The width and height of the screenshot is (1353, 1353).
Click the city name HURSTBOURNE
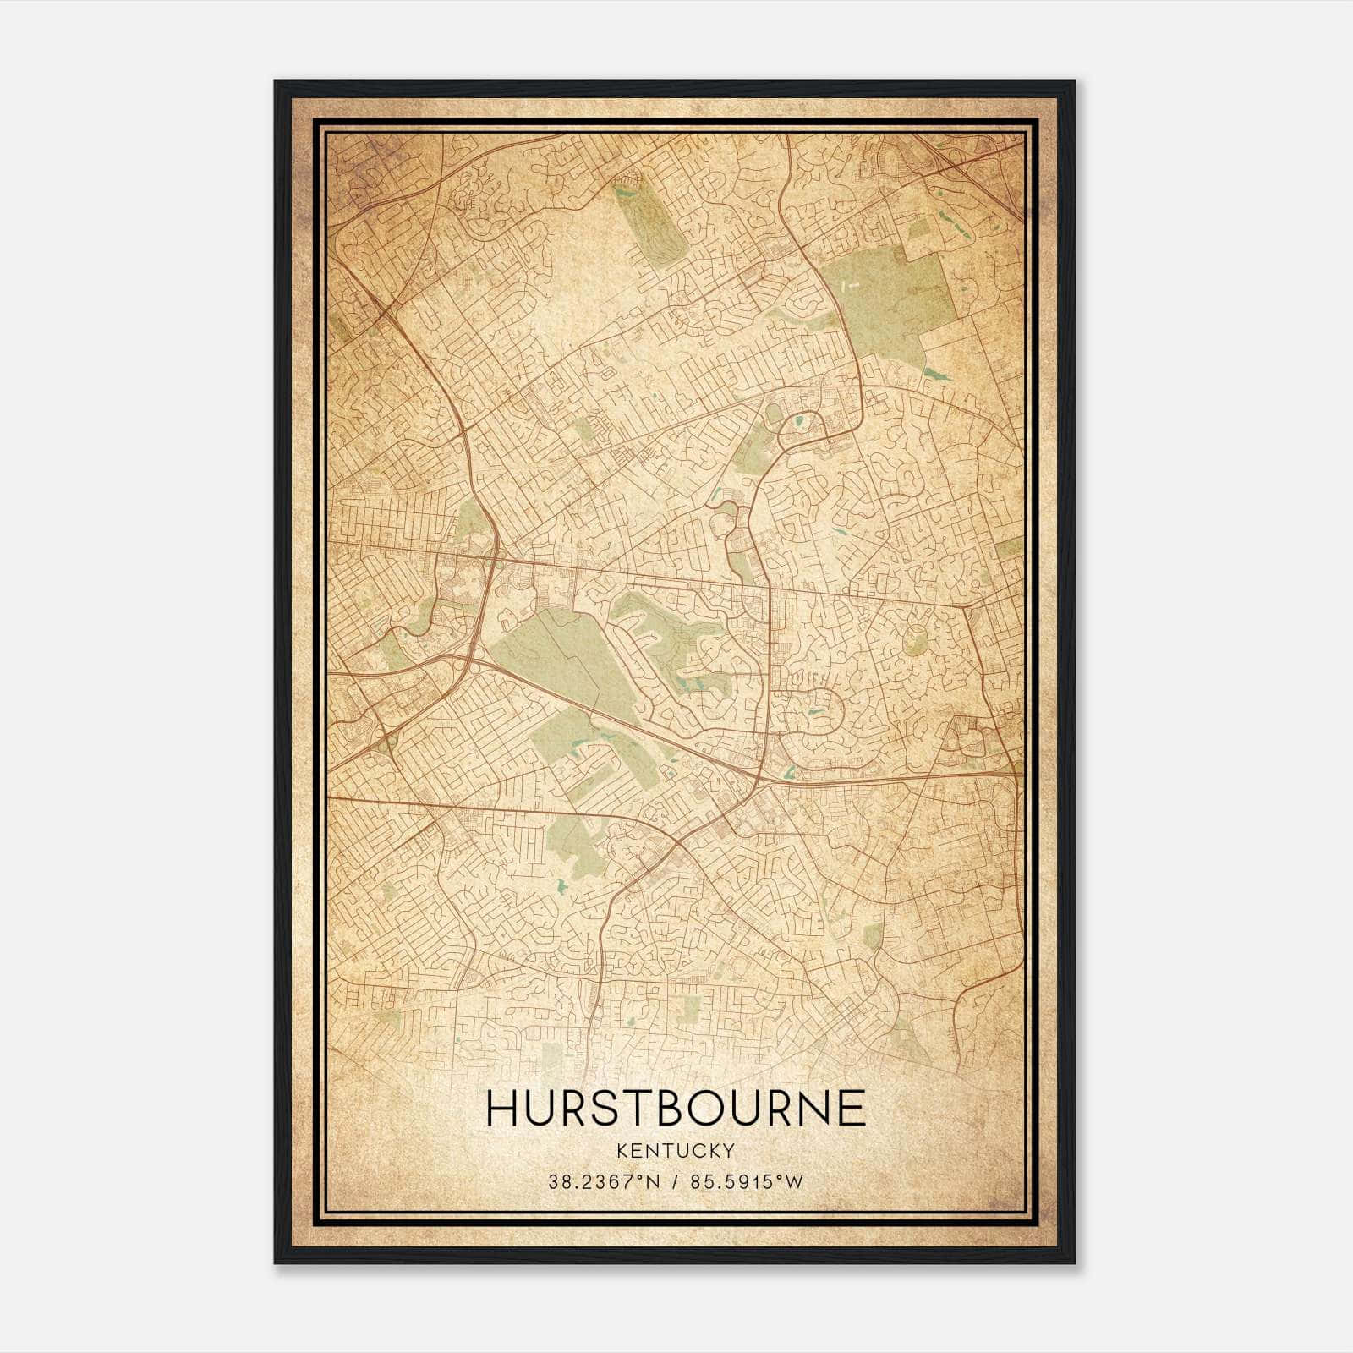point(676,1107)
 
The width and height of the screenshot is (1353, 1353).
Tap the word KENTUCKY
point(676,1150)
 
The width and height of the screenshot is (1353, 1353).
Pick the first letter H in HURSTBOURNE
point(501,1107)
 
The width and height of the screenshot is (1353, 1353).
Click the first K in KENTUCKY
point(622,1150)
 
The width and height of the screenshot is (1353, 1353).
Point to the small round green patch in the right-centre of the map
point(913,640)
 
